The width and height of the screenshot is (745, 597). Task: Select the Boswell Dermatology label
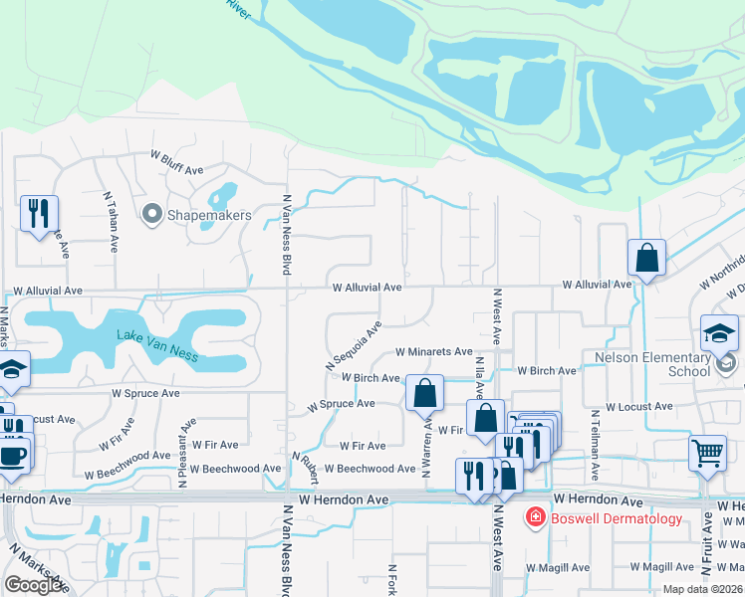pyautogui.click(x=617, y=517)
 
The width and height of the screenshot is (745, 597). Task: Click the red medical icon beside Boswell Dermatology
pyautogui.click(x=535, y=517)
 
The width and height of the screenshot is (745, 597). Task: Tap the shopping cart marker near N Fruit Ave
pyautogui.click(x=707, y=454)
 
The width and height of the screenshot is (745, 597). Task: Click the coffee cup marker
pyautogui.click(x=12, y=456)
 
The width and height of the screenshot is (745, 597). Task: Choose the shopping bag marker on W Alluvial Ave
pyautogui.click(x=646, y=259)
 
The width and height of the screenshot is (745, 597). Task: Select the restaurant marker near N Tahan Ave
pyautogui.click(x=39, y=214)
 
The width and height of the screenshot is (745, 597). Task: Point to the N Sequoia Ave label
pyautogui.click(x=354, y=346)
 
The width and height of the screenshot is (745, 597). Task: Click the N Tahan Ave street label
pyautogui.click(x=112, y=221)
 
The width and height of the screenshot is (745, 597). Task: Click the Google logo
pyautogui.click(x=35, y=584)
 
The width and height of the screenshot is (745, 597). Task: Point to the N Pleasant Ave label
pyautogui.click(x=184, y=451)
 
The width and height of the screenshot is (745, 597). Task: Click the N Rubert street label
pyautogui.click(x=304, y=467)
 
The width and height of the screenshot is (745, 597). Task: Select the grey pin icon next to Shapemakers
pyautogui.click(x=152, y=214)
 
